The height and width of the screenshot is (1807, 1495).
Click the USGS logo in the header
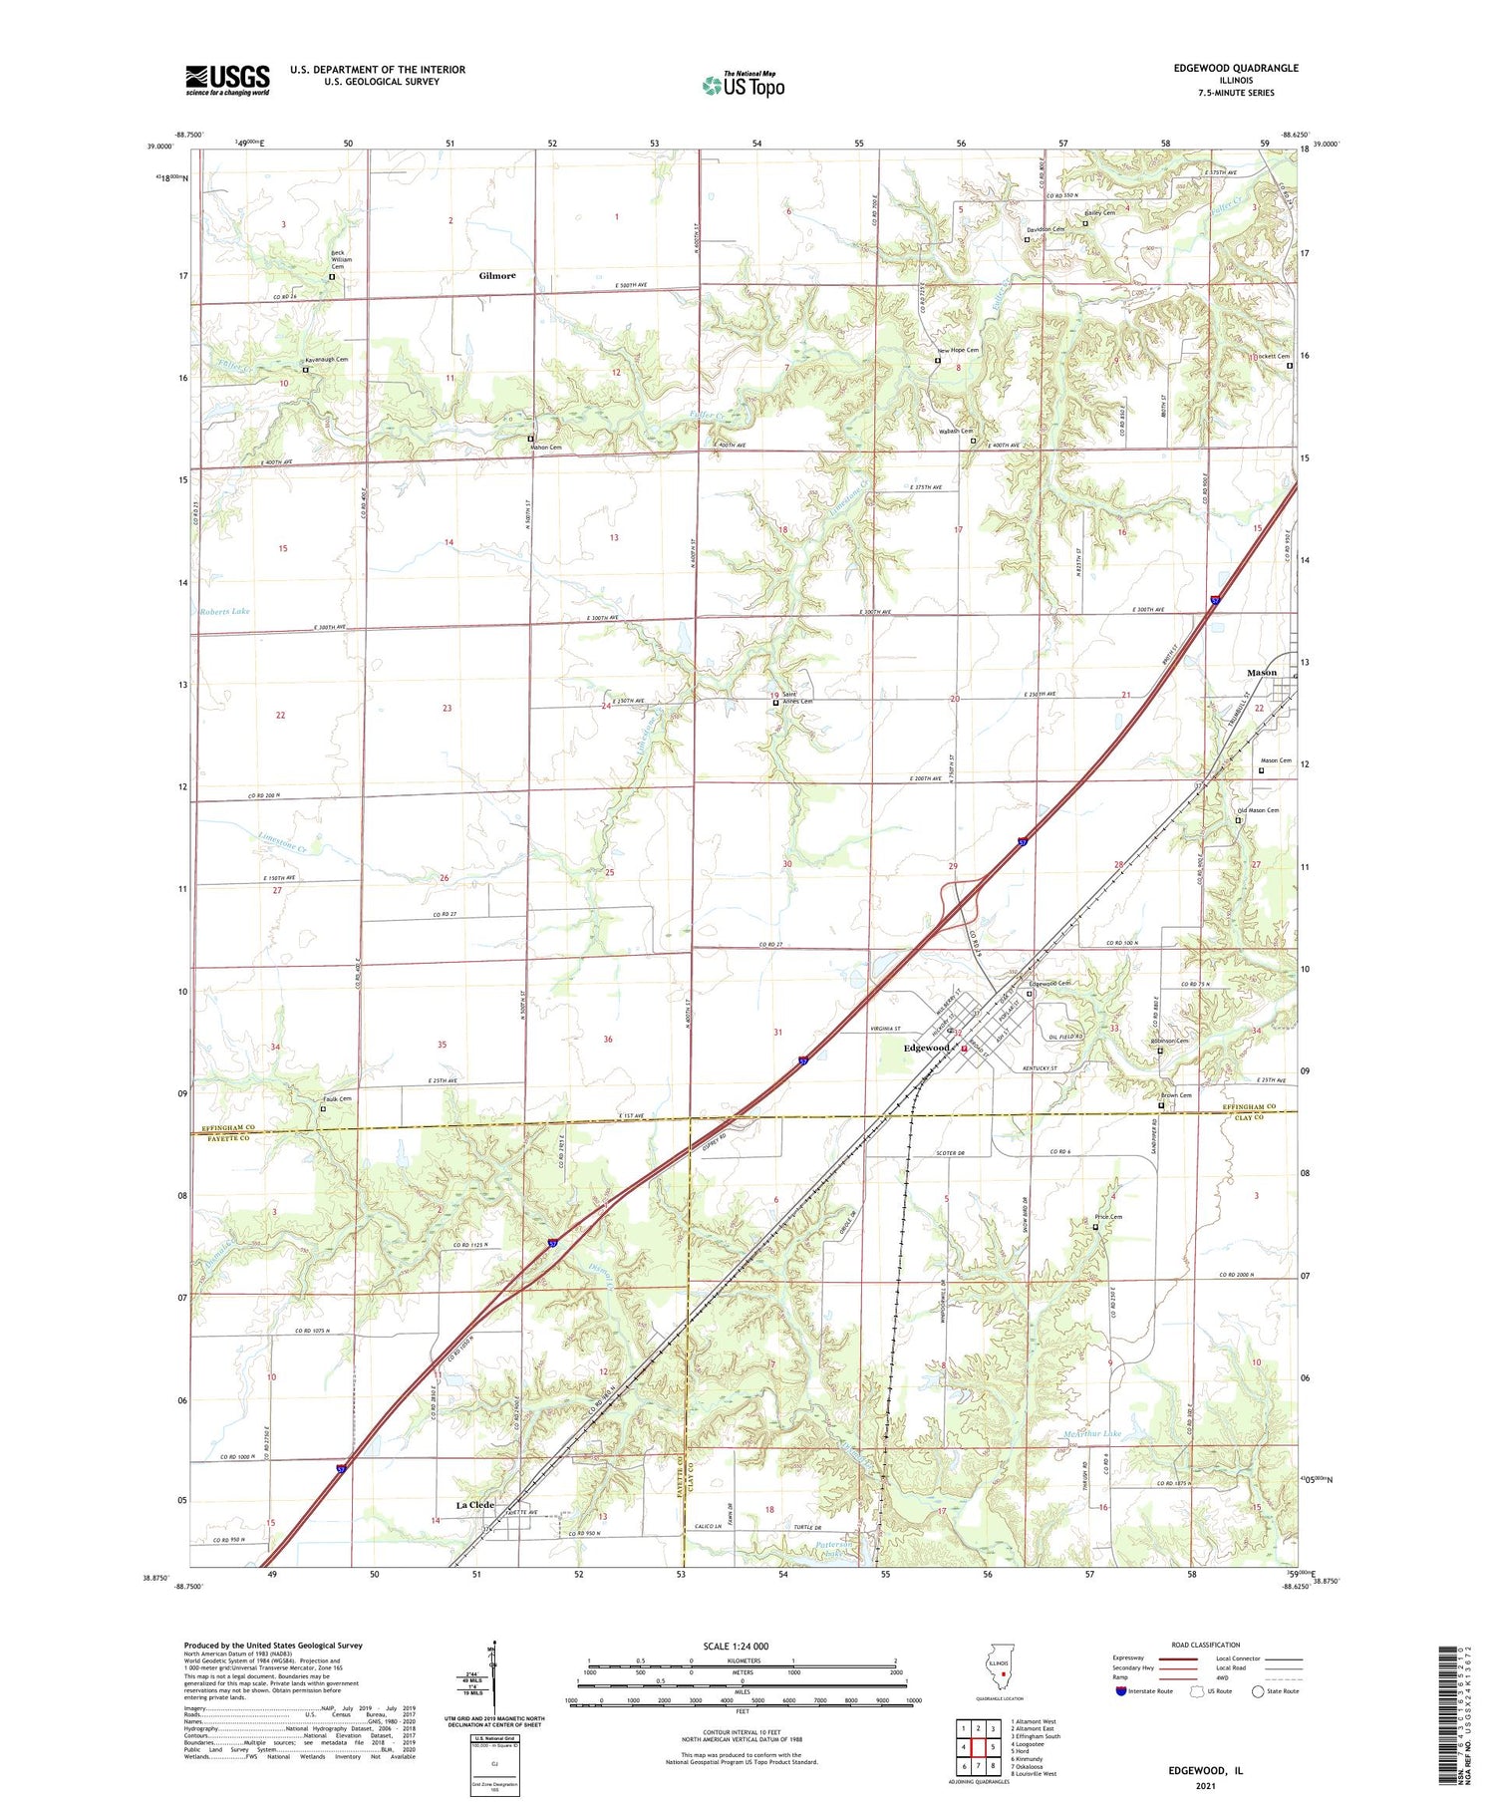click(x=227, y=80)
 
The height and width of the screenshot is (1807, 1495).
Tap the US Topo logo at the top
click(x=744, y=85)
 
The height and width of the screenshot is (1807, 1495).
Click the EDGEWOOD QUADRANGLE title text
click(x=1235, y=68)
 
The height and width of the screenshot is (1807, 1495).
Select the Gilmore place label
click(x=497, y=275)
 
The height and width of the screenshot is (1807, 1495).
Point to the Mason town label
click(x=1261, y=673)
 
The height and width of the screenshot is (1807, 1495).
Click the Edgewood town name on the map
click(x=925, y=1048)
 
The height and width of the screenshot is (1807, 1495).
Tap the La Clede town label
click(x=474, y=1505)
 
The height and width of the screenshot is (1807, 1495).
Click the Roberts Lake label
click(x=224, y=611)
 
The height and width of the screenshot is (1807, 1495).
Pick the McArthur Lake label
click(x=1092, y=1433)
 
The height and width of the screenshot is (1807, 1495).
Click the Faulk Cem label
click(x=338, y=1099)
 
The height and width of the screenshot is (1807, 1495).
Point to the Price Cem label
click(x=1109, y=1217)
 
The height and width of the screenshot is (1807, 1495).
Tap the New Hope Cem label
click(x=958, y=350)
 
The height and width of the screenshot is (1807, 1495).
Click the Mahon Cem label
click(x=545, y=448)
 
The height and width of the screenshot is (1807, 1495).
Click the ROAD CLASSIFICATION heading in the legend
click(x=1206, y=1645)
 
